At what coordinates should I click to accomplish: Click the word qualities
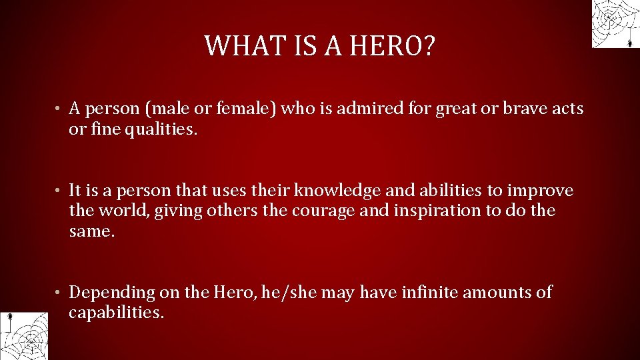coord(164,129)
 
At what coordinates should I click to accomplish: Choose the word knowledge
coord(338,191)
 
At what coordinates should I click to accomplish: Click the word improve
coord(540,191)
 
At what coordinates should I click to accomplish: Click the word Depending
coord(112,293)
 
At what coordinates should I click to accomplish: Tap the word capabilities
coord(116,313)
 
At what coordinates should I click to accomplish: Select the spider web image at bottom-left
coord(25,335)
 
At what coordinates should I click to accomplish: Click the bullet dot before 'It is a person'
coord(59,191)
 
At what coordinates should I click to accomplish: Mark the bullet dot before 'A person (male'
coord(59,109)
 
